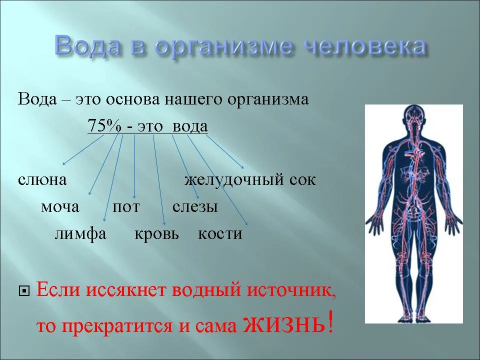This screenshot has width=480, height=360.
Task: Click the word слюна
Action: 42,179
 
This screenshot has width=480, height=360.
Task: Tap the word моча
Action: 60,207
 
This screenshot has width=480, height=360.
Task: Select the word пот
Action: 126,207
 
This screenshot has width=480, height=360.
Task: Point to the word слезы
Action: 195,207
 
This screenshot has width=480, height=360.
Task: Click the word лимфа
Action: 80,234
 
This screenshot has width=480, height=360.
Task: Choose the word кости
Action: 220,234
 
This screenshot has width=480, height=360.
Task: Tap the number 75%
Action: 104,125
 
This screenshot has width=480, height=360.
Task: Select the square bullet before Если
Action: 24,291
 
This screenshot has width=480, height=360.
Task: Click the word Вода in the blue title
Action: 88,45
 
